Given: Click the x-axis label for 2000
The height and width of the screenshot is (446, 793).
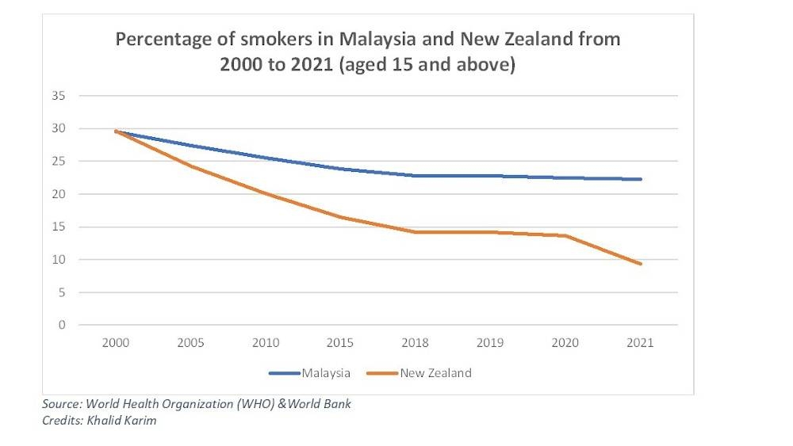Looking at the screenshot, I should (117, 343).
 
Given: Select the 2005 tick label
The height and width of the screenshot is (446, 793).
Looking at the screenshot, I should (191, 343).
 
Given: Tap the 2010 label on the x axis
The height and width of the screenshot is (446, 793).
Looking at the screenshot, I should (266, 343).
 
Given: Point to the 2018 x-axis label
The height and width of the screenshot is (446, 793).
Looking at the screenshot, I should (416, 343).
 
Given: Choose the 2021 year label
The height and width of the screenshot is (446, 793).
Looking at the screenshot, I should (640, 343).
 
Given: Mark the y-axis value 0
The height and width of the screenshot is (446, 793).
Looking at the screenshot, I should (62, 325).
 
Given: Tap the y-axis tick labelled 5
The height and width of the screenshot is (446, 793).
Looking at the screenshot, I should (62, 292).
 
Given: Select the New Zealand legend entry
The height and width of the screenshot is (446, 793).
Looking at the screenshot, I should (435, 372).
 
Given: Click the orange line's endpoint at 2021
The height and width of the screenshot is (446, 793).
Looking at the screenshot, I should (640, 264).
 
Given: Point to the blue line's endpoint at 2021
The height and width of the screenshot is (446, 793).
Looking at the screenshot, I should (640, 179).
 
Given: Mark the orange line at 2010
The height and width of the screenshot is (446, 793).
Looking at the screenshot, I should (266, 194).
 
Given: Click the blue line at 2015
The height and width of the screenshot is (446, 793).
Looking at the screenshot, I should (341, 169).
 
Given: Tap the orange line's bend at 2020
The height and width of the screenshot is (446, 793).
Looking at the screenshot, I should (565, 235).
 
